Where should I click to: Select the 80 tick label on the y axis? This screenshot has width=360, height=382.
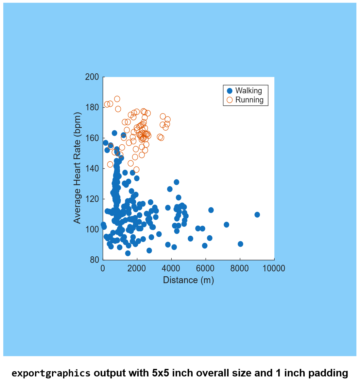tap(94, 260)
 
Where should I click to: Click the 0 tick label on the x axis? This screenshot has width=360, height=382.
tap(103, 269)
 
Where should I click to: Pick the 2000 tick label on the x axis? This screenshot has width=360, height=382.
tap(137, 269)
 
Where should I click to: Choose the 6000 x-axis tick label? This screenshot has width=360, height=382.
tap(205, 269)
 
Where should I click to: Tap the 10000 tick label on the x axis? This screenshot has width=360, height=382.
tap(274, 269)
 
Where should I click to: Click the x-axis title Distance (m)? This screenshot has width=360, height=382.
tap(188, 280)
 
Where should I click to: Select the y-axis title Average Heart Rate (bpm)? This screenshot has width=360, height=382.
tap(77, 168)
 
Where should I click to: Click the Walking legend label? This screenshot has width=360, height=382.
tap(249, 91)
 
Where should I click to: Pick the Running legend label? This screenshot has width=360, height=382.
tap(249, 100)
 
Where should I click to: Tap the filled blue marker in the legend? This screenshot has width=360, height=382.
tap(230, 91)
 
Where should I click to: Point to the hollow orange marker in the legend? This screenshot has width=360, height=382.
tap(230, 100)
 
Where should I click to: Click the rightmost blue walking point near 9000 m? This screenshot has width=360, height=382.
tap(257, 215)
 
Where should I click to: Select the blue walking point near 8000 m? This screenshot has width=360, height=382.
tap(240, 244)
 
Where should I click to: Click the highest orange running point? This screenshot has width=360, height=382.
tap(117, 99)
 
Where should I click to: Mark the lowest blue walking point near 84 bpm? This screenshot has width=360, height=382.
tap(128, 253)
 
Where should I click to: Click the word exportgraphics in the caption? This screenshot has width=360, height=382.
tap(51, 373)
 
